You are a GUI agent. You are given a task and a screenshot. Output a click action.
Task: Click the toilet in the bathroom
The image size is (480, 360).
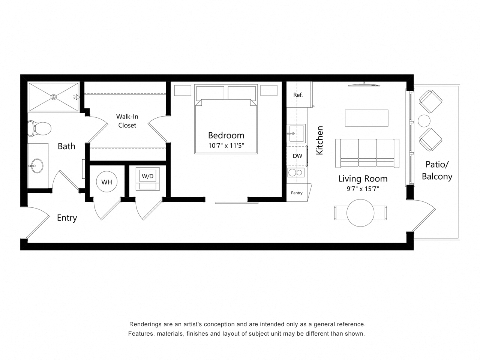(39, 128)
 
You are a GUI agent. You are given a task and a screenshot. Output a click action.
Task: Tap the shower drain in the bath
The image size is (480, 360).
(54, 97)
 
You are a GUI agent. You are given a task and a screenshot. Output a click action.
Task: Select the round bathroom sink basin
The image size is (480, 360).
(37, 165)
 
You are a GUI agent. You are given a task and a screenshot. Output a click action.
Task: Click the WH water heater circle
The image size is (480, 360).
(107, 182)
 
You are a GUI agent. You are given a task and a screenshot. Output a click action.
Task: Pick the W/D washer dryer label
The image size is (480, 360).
(147, 176)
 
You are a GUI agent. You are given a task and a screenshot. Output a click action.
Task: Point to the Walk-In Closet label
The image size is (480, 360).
(127, 121)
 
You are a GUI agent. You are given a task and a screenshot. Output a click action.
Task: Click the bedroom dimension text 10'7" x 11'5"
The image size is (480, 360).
(226, 145)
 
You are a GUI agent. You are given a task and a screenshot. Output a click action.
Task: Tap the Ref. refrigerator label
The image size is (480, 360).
(298, 95)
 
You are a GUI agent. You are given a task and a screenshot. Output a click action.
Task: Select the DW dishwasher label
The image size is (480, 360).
(297, 156)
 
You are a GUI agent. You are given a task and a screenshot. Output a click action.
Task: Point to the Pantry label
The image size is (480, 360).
(297, 193)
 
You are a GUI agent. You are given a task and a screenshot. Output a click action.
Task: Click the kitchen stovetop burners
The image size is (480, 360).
(295, 172)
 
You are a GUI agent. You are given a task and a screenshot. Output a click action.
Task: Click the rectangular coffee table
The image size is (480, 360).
(367, 118)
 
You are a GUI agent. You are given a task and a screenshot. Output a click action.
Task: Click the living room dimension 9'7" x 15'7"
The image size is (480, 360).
(363, 189)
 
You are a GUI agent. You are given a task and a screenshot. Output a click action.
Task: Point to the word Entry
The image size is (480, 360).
(67, 218)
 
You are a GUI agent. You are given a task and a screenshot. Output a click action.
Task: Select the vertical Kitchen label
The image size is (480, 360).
(319, 140)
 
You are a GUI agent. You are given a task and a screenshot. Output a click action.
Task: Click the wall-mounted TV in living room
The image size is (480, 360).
(364, 85)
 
